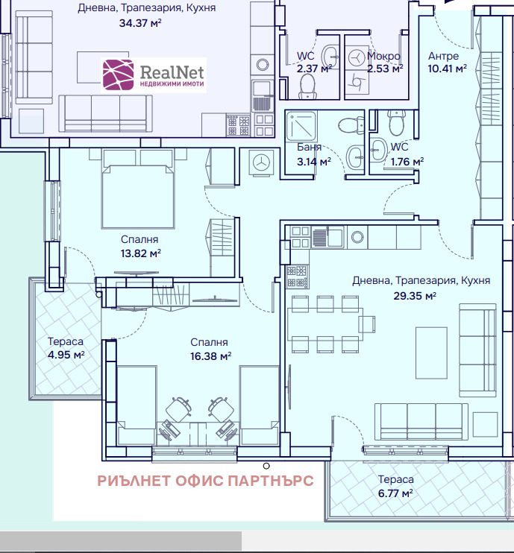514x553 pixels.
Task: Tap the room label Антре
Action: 443,56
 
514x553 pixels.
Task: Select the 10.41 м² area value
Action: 446,68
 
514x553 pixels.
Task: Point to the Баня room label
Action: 309,148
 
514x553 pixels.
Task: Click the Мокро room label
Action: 383,56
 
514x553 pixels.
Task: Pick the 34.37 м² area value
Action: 140,22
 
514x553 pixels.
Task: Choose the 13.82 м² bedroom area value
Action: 140,253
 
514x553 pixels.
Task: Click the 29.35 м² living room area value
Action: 415,295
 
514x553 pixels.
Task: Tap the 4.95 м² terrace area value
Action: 66,354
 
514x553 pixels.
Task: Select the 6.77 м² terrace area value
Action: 395,493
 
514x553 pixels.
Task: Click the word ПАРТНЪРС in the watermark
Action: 272,481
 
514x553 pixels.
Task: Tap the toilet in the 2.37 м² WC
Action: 307,89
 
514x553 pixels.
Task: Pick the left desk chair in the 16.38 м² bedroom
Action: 177,411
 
